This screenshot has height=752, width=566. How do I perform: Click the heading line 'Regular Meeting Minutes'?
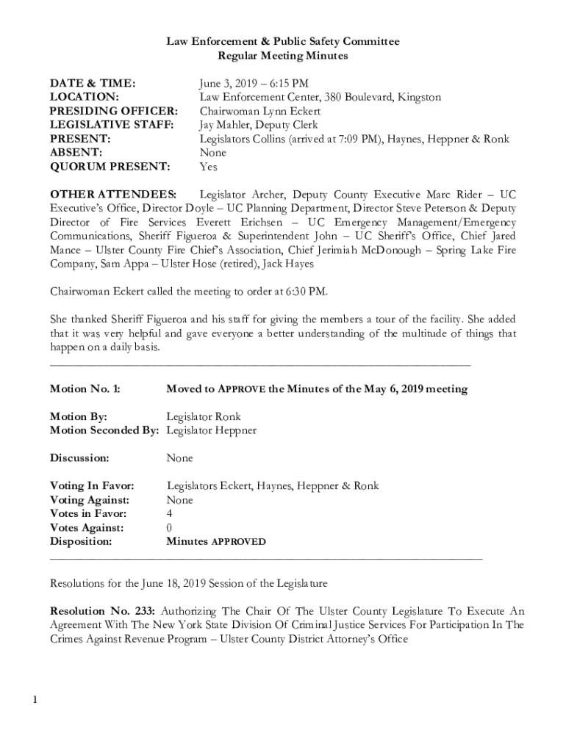[283, 56]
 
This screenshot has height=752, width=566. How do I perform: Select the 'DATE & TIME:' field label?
[93, 83]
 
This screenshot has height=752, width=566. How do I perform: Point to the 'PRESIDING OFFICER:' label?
[113, 111]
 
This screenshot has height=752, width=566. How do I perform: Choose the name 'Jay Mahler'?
[223, 125]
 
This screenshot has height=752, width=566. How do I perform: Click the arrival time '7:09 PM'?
[357, 139]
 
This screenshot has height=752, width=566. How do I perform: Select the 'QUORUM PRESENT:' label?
[110, 167]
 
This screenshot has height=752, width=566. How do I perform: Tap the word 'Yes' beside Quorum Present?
[209, 167]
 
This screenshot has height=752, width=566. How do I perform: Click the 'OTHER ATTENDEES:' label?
[112, 195]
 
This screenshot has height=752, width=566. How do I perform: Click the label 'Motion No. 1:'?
[85, 389]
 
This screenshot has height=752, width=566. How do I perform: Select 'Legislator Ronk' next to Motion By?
[204, 416]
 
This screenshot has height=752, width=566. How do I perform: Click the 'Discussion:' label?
[79, 458]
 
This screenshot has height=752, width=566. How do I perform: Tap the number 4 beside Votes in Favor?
[170, 514]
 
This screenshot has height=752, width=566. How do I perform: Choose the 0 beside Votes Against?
[170, 528]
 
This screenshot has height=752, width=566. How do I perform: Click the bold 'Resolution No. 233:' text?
[102, 611]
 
